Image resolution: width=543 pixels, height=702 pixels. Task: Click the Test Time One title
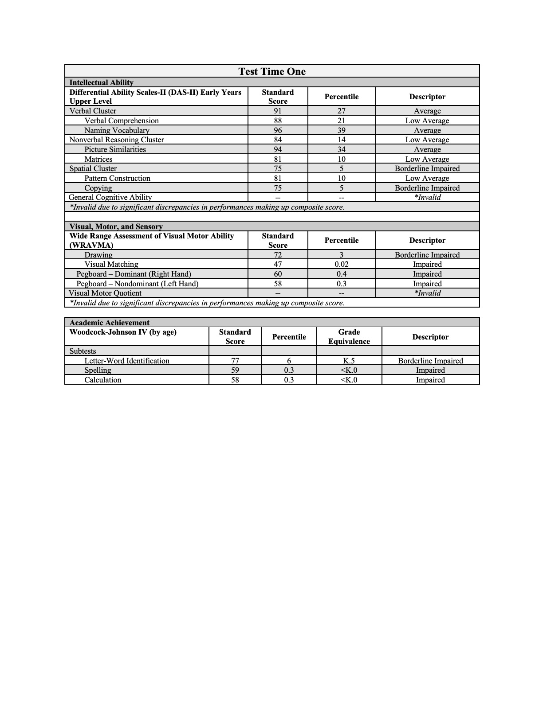tap(271, 71)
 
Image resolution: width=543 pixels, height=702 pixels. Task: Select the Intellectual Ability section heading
tap(101, 82)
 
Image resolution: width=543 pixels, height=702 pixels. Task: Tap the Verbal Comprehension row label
tap(121, 121)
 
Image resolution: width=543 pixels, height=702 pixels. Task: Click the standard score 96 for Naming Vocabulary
tap(278, 130)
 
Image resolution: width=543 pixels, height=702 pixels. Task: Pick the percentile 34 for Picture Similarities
tap(341, 149)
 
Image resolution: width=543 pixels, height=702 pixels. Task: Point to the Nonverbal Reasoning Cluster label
tap(117, 140)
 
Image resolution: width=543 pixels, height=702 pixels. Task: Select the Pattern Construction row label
tap(117, 178)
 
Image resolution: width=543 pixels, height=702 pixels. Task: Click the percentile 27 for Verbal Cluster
tap(341, 111)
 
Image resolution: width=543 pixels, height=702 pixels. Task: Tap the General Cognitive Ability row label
tap(110, 197)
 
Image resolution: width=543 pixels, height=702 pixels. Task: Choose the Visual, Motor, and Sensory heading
tap(116, 226)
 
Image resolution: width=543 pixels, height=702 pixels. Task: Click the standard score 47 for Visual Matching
tap(278, 264)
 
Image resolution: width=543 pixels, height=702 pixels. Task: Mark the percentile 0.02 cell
tap(341, 264)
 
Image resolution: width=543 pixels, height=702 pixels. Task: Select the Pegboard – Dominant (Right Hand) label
tap(134, 274)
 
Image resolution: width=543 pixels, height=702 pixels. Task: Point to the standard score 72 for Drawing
tap(278, 255)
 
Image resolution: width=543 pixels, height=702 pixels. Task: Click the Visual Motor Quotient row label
tap(105, 293)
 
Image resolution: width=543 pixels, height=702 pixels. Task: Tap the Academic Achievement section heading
tap(109, 323)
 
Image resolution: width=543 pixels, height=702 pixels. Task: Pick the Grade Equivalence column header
tap(349, 336)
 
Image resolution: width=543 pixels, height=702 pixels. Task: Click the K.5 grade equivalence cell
tap(349, 361)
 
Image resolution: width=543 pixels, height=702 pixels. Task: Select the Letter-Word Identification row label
tap(127, 361)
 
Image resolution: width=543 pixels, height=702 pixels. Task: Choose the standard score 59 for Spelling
tap(235, 370)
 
